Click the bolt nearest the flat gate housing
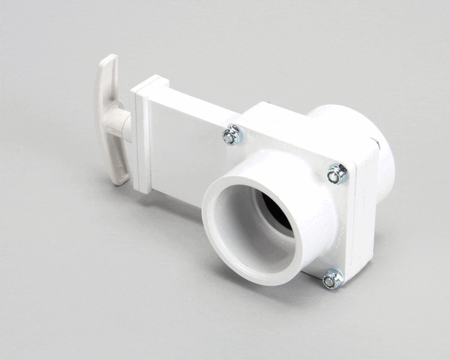click(x=232, y=136)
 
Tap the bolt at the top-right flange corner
click(x=337, y=175)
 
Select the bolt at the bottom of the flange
click(x=331, y=280)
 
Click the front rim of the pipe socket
click(x=217, y=240)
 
